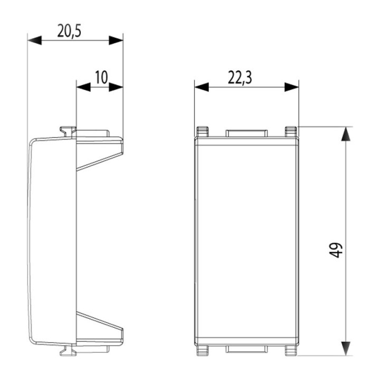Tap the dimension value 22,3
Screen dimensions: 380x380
[240, 78]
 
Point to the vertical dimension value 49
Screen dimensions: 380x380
[338, 250]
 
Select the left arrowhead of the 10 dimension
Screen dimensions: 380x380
[83, 87]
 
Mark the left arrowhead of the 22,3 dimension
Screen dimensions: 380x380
[201, 87]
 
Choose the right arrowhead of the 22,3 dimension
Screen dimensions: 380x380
[292, 87]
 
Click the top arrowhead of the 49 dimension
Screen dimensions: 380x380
[345, 134]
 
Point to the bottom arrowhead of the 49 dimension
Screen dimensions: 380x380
[345, 347]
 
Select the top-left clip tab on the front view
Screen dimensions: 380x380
[202, 131]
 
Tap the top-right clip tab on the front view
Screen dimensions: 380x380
[291, 131]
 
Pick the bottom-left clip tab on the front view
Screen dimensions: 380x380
[202, 350]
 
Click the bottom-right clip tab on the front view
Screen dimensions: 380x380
[291, 350]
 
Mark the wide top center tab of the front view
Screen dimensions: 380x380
[246, 132]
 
